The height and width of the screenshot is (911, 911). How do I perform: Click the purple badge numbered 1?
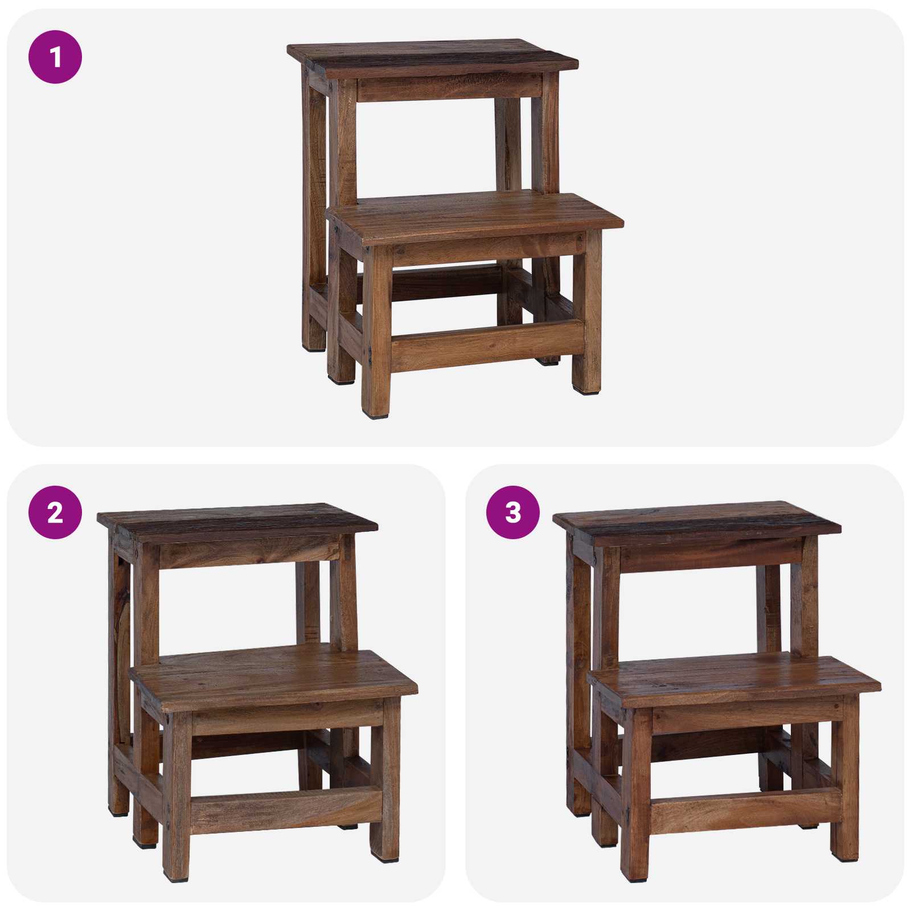[55, 57]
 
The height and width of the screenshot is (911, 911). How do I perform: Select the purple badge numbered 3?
[512, 512]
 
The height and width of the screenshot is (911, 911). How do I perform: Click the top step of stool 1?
[433, 57]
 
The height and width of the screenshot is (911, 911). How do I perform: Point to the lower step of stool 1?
[475, 216]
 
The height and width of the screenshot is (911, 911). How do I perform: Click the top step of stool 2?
[236, 519]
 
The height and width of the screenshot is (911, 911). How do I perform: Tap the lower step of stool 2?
[273, 678]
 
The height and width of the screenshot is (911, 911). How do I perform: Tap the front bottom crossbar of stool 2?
[285, 809]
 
